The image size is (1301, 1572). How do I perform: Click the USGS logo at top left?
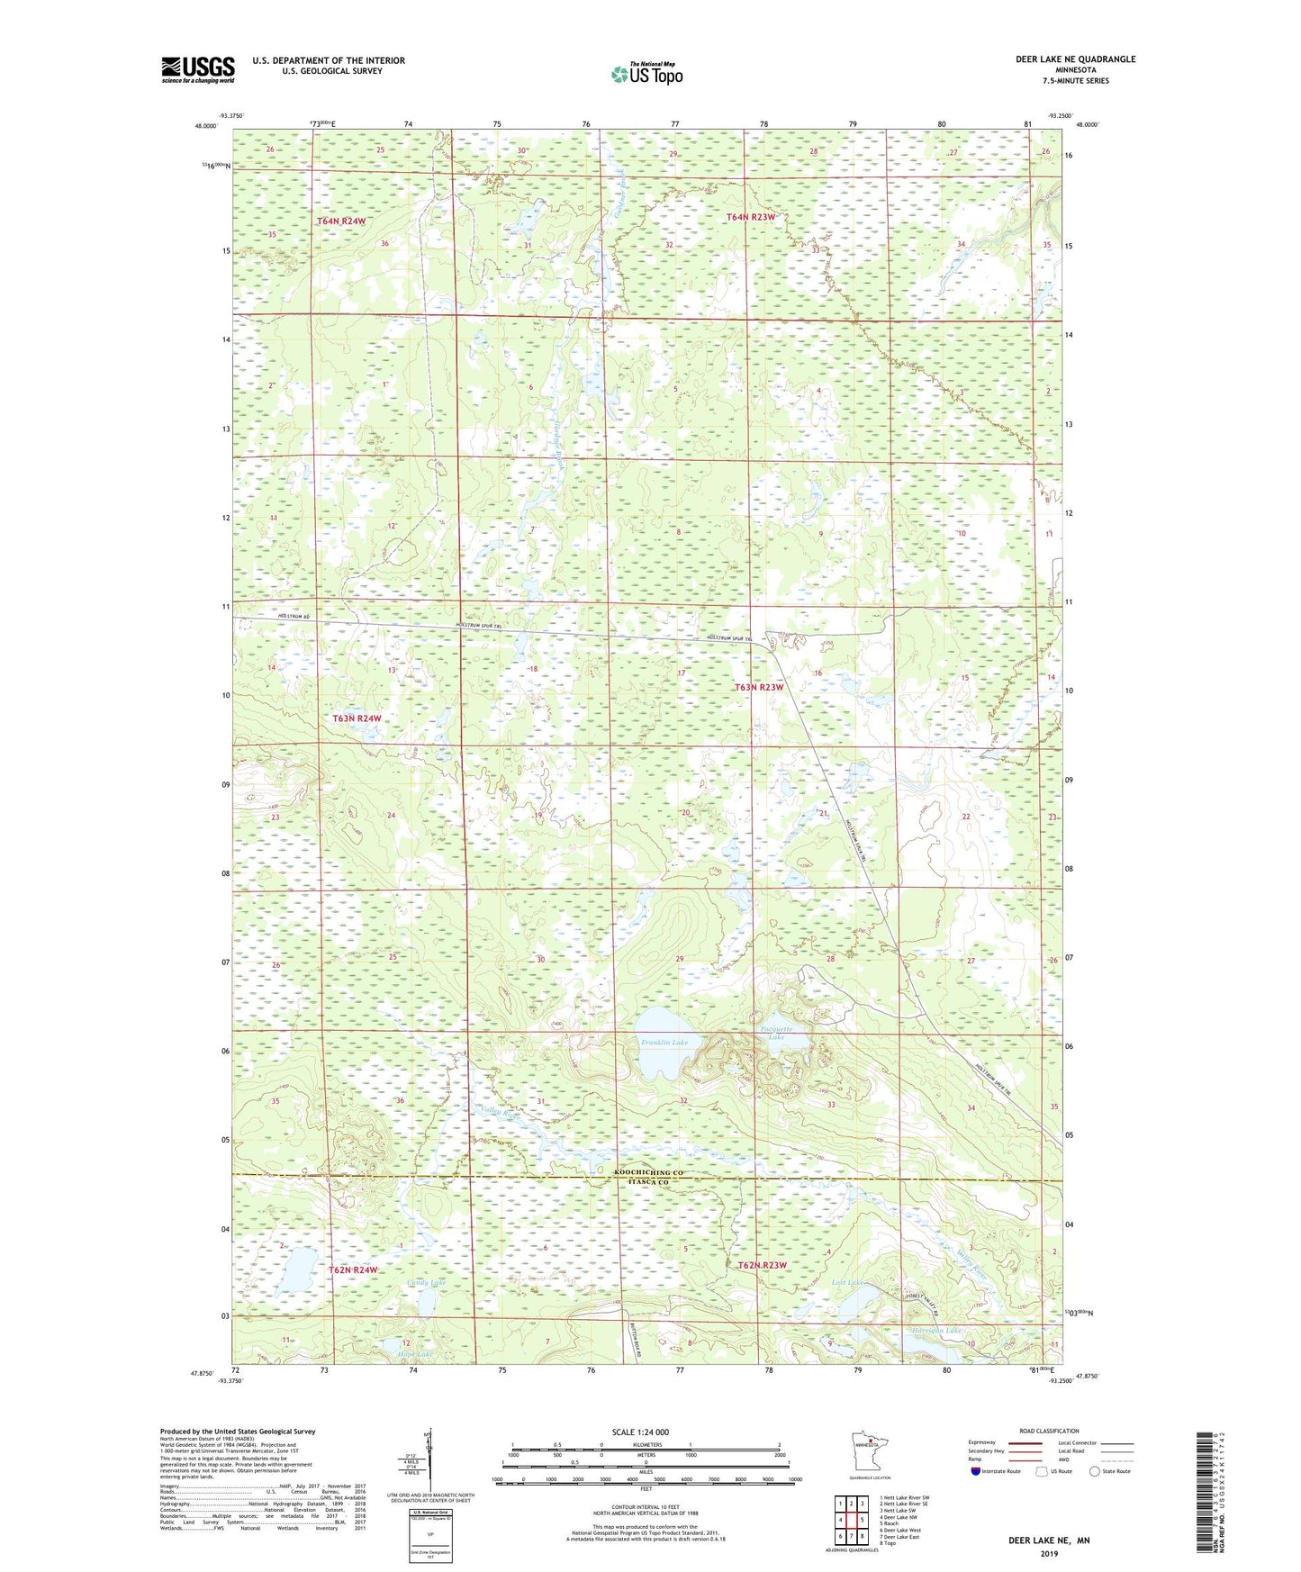point(198,69)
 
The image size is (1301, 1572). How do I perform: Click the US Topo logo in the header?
point(646,74)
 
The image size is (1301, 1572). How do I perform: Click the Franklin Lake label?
point(664,1043)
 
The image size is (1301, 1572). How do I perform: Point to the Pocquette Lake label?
point(776,1033)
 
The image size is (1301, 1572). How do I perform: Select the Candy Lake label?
point(426,1282)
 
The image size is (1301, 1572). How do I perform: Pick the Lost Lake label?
point(847,1282)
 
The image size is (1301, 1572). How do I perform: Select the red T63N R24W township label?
point(357,718)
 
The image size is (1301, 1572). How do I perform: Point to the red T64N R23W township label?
point(751,217)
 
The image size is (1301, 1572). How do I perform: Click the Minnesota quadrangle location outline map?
point(869,1452)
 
